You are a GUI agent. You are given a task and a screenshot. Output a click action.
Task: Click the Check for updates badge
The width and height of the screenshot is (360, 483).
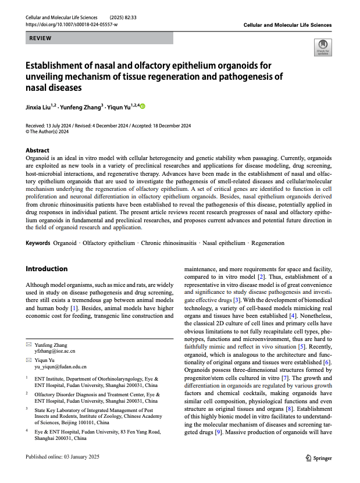pyautogui.click(x=322, y=48)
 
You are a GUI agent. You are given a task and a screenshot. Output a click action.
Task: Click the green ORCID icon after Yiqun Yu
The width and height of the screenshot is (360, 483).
pyautogui.click(x=142, y=106)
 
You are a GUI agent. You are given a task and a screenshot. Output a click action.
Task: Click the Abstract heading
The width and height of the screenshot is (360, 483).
pyautogui.click(x=38, y=150)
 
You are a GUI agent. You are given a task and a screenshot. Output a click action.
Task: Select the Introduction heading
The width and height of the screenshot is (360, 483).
pyautogui.click(x=47, y=269)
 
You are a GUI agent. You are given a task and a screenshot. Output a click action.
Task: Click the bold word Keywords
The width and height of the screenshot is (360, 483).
pyautogui.click(x=38, y=243)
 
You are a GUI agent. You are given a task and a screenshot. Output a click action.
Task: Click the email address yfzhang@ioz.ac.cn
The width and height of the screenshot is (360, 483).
pyautogui.click(x=55, y=352)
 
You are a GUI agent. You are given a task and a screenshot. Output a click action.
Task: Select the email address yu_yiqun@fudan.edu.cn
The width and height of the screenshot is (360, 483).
pyautogui.click(x=60, y=367)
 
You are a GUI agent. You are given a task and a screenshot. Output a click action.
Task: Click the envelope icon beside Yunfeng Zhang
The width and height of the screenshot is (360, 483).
pyautogui.click(x=29, y=345)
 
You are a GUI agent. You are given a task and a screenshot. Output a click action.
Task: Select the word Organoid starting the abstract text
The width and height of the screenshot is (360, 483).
pyautogui.click(x=38, y=158)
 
